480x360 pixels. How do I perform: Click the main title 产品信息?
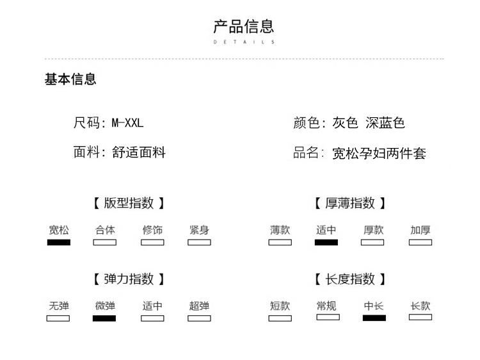point(244,26)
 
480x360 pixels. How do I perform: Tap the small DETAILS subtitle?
point(244,42)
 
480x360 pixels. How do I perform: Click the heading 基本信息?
point(70,79)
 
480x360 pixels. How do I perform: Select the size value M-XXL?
point(127,123)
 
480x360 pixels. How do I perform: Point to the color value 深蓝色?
point(385,123)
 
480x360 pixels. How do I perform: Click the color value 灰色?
point(346,123)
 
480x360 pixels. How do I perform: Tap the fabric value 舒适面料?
point(139,152)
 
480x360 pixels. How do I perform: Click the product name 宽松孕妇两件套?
point(379,153)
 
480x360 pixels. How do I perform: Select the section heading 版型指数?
point(129,203)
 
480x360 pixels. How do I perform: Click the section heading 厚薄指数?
point(350,203)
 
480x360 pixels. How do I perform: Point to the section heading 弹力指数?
point(129,279)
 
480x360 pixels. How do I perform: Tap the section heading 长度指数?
point(350,279)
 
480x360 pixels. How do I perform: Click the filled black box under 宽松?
point(59,242)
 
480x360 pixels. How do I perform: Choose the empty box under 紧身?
point(199,242)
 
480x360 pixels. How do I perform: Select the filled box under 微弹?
point(104,318)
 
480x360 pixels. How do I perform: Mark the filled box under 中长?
point(374,318)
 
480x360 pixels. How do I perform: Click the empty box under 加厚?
point(420,242)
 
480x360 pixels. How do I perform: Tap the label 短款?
point(280,306)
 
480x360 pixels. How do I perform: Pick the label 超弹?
point(199,306)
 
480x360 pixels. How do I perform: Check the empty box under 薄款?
point(280,242)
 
